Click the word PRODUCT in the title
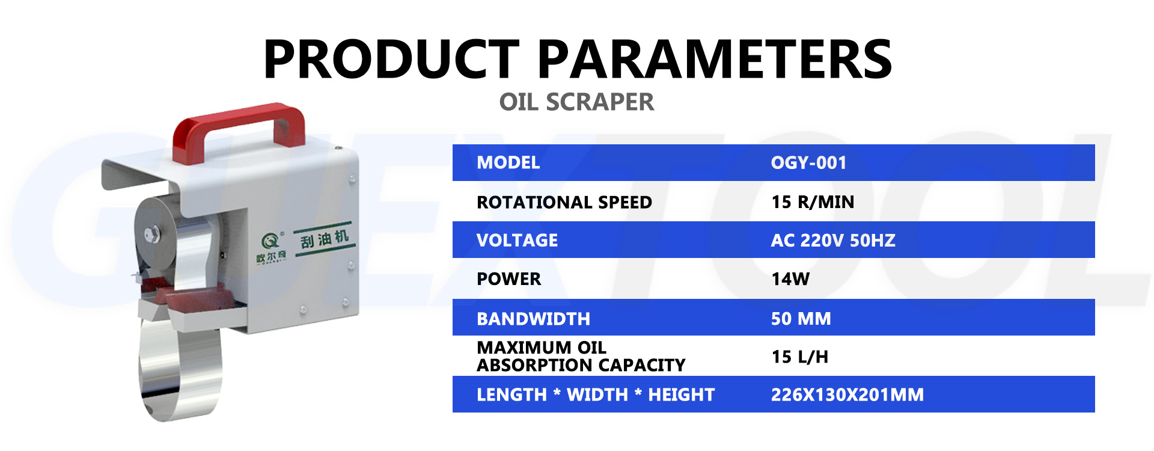[391, 59]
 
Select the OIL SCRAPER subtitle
[576, 102]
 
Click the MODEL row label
[508, 163]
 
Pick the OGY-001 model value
[808, 163]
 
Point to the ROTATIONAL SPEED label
[564, 202]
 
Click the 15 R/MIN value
[812, 202]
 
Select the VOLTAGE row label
[517, 241]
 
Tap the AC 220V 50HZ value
[832, 241]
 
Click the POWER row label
[508, 279]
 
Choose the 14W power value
[790, 279]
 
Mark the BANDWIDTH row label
[533, 319]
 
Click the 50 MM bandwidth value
[801, 319]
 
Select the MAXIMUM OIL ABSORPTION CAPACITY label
[580, 357]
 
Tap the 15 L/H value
[799, 357]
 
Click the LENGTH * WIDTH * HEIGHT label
[595, 395]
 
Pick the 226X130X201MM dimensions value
[847, 395]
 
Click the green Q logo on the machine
[270, 242]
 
